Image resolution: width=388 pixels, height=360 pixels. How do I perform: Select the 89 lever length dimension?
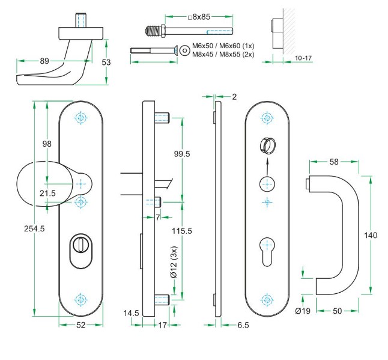[x=44, y=60]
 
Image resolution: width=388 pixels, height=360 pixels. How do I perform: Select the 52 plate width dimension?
[x=81, y=325]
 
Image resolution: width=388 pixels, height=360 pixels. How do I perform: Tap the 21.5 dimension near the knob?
[x=47, y=193]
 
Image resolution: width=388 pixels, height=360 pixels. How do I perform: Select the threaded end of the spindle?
[x=154, y=29]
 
